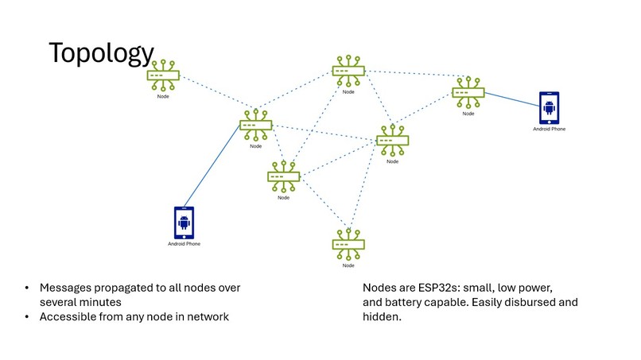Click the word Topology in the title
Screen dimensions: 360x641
coord(100,53)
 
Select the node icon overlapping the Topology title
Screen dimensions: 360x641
coord(163,76)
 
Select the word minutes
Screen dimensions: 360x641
coord(99,302)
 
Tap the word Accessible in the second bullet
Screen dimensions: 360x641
coord(68,317)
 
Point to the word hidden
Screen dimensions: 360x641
coord(382,317)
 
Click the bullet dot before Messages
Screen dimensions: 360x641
coord(28,288)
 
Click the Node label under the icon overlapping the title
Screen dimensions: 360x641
coord(163,95)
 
